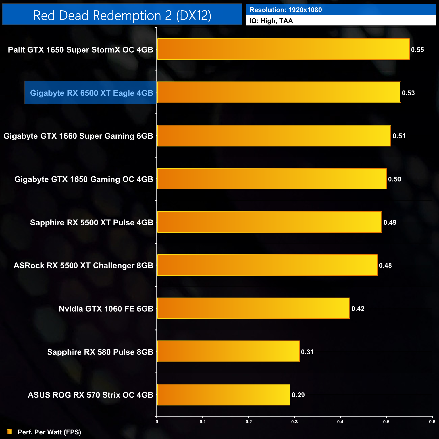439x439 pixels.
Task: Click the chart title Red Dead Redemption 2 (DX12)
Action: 122,16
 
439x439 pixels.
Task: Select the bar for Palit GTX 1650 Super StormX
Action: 283,49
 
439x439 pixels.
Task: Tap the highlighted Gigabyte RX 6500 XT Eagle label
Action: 92,93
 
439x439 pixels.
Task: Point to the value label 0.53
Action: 408,93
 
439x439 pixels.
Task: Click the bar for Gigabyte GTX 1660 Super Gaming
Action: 274,136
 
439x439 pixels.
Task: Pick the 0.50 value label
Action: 394,179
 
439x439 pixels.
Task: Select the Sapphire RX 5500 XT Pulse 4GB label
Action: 92,223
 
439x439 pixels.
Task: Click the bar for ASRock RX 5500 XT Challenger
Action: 267,265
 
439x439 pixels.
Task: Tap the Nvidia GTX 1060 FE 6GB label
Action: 106,309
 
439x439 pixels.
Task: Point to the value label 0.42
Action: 358,309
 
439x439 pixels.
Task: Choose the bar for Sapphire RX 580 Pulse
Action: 228,352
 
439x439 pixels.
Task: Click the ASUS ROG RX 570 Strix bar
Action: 224,395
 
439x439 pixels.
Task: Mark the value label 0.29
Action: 298,395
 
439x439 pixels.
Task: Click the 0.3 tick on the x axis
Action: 294,422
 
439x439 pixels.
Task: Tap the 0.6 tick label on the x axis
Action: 432,422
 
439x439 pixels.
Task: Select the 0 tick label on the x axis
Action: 157,422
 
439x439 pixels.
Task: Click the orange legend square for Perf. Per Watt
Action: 9,432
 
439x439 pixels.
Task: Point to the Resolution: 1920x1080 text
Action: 286,10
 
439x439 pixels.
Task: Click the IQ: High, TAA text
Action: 271,21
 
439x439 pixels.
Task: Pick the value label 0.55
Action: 417,50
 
